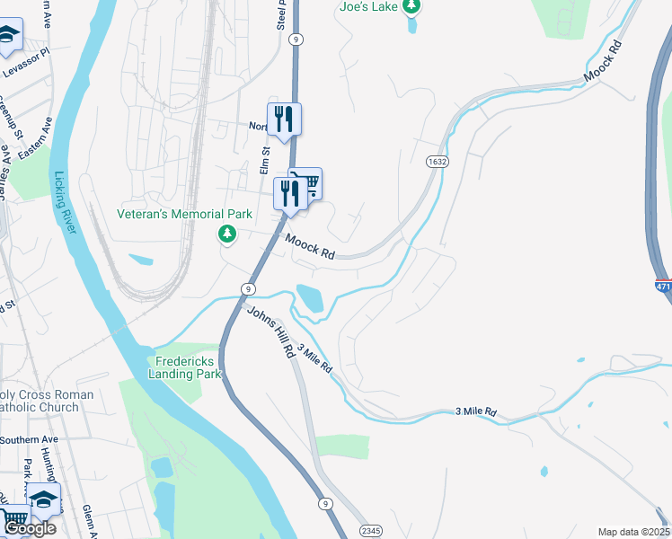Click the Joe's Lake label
coord(367,6)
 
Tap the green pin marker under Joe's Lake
coord(411,8)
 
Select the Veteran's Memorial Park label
coord(185,214)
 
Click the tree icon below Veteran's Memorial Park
coord(227,234)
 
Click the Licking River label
coord(64,202)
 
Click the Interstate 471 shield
coord(663,287)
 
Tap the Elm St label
coord(265,161)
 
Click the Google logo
coord(30,528)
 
